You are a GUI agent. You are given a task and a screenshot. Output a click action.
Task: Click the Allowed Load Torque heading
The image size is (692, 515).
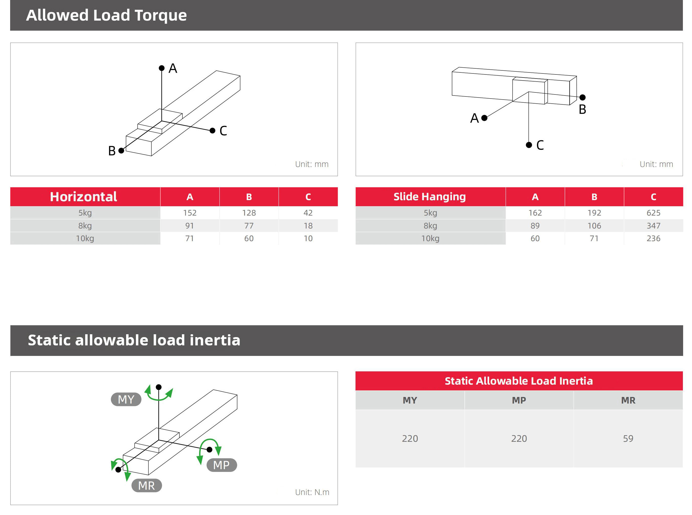tap(106, 15)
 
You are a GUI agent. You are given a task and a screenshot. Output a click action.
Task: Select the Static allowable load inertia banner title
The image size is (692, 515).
tap(134, 340)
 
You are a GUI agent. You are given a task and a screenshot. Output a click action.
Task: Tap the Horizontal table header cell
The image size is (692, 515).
tap(84, 197)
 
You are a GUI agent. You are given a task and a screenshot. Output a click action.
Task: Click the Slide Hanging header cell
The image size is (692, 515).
tap(429, 197)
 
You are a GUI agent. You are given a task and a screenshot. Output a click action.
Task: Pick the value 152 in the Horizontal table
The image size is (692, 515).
tap(190, 213)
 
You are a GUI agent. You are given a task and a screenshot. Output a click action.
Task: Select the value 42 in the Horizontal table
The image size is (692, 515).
tap(308, 213)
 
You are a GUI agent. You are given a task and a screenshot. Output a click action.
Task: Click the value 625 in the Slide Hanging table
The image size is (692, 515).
tap(653, 213)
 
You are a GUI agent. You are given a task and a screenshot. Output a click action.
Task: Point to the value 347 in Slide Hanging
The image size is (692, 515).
tap(653, 226)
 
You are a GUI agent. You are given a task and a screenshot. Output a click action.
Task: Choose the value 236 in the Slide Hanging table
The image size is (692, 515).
tap(653, 238)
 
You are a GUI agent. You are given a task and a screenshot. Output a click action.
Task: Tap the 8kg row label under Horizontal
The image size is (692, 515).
tap(85, 226)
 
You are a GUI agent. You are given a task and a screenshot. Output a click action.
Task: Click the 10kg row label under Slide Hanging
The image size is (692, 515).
tap(430, 238)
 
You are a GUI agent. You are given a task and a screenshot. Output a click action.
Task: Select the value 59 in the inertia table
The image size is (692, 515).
tap(628, 438)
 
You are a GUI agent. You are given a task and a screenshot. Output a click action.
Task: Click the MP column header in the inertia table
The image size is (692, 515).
tap(519, 400)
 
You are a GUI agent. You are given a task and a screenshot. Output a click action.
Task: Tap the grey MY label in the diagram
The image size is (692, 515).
tap(126, 399)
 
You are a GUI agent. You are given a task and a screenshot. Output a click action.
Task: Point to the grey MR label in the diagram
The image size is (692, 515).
tap(146, 486)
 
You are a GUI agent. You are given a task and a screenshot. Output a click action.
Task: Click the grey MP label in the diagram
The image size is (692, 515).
tap(221, 465)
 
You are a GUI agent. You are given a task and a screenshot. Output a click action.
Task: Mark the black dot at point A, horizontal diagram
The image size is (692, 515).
tap(162, 68)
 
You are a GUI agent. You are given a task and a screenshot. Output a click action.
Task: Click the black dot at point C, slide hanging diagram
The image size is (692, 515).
tap(529, 145)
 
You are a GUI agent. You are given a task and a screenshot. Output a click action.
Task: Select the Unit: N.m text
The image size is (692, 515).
tap(312, 492)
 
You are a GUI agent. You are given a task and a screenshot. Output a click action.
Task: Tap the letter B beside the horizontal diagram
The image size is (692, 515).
tap(112, 151)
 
